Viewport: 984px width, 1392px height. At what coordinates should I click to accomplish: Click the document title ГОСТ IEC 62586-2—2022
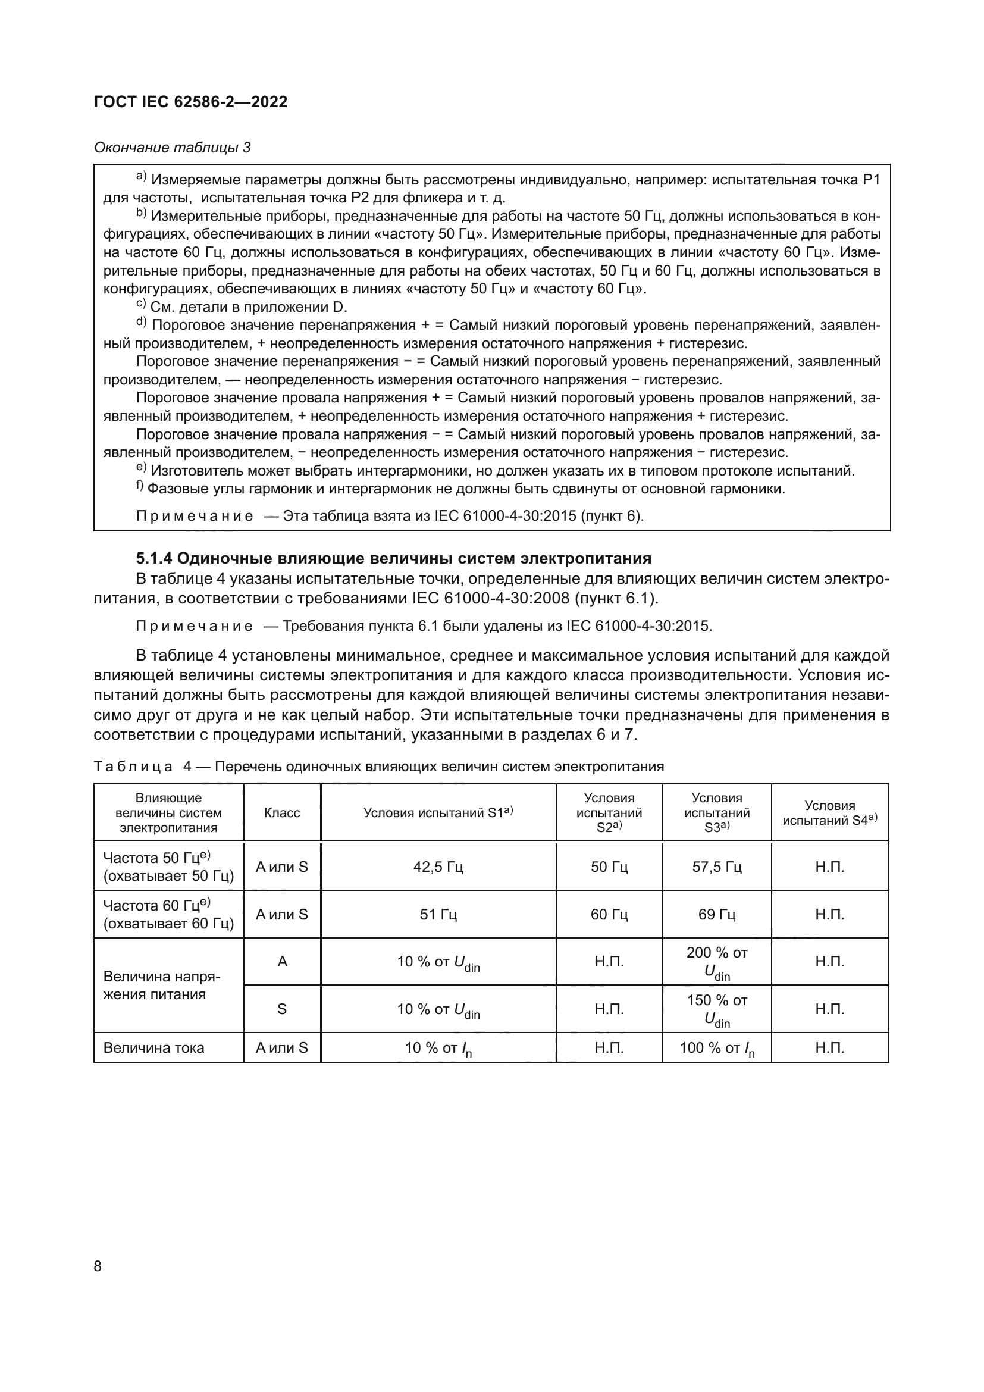[x=190, y=102]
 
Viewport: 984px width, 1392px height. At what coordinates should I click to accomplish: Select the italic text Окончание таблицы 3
[x=172, y=148]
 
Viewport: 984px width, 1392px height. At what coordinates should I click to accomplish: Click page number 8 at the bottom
[x=98, y=1266]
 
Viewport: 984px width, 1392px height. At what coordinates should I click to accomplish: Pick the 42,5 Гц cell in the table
[x=437, y=867]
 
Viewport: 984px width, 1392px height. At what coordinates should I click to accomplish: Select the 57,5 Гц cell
[x=716, y=867]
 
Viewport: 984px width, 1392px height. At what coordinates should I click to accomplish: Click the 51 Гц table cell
[x=437, y=914]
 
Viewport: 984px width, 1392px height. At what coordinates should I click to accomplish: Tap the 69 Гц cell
[x=716, y=914]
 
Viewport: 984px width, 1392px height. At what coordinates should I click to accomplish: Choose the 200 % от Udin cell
[x=716, y=962]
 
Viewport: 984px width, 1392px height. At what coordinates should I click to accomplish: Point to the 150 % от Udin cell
[x=716, y=1009]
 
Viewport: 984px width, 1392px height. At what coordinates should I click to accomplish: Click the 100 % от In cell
[x=716, y=1048]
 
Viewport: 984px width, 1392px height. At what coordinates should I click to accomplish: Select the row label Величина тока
[x=154, y=1047]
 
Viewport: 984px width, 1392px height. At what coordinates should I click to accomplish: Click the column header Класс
[x=282, y=812]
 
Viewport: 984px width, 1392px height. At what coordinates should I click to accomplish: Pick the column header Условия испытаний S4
[x=829, y=812]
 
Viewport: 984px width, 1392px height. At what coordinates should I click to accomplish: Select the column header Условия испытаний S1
[x=437, y=812]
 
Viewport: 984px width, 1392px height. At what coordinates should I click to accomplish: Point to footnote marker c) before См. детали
[x=140, y=304]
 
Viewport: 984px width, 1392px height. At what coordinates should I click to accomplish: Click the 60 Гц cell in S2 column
[x=609, y=914]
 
